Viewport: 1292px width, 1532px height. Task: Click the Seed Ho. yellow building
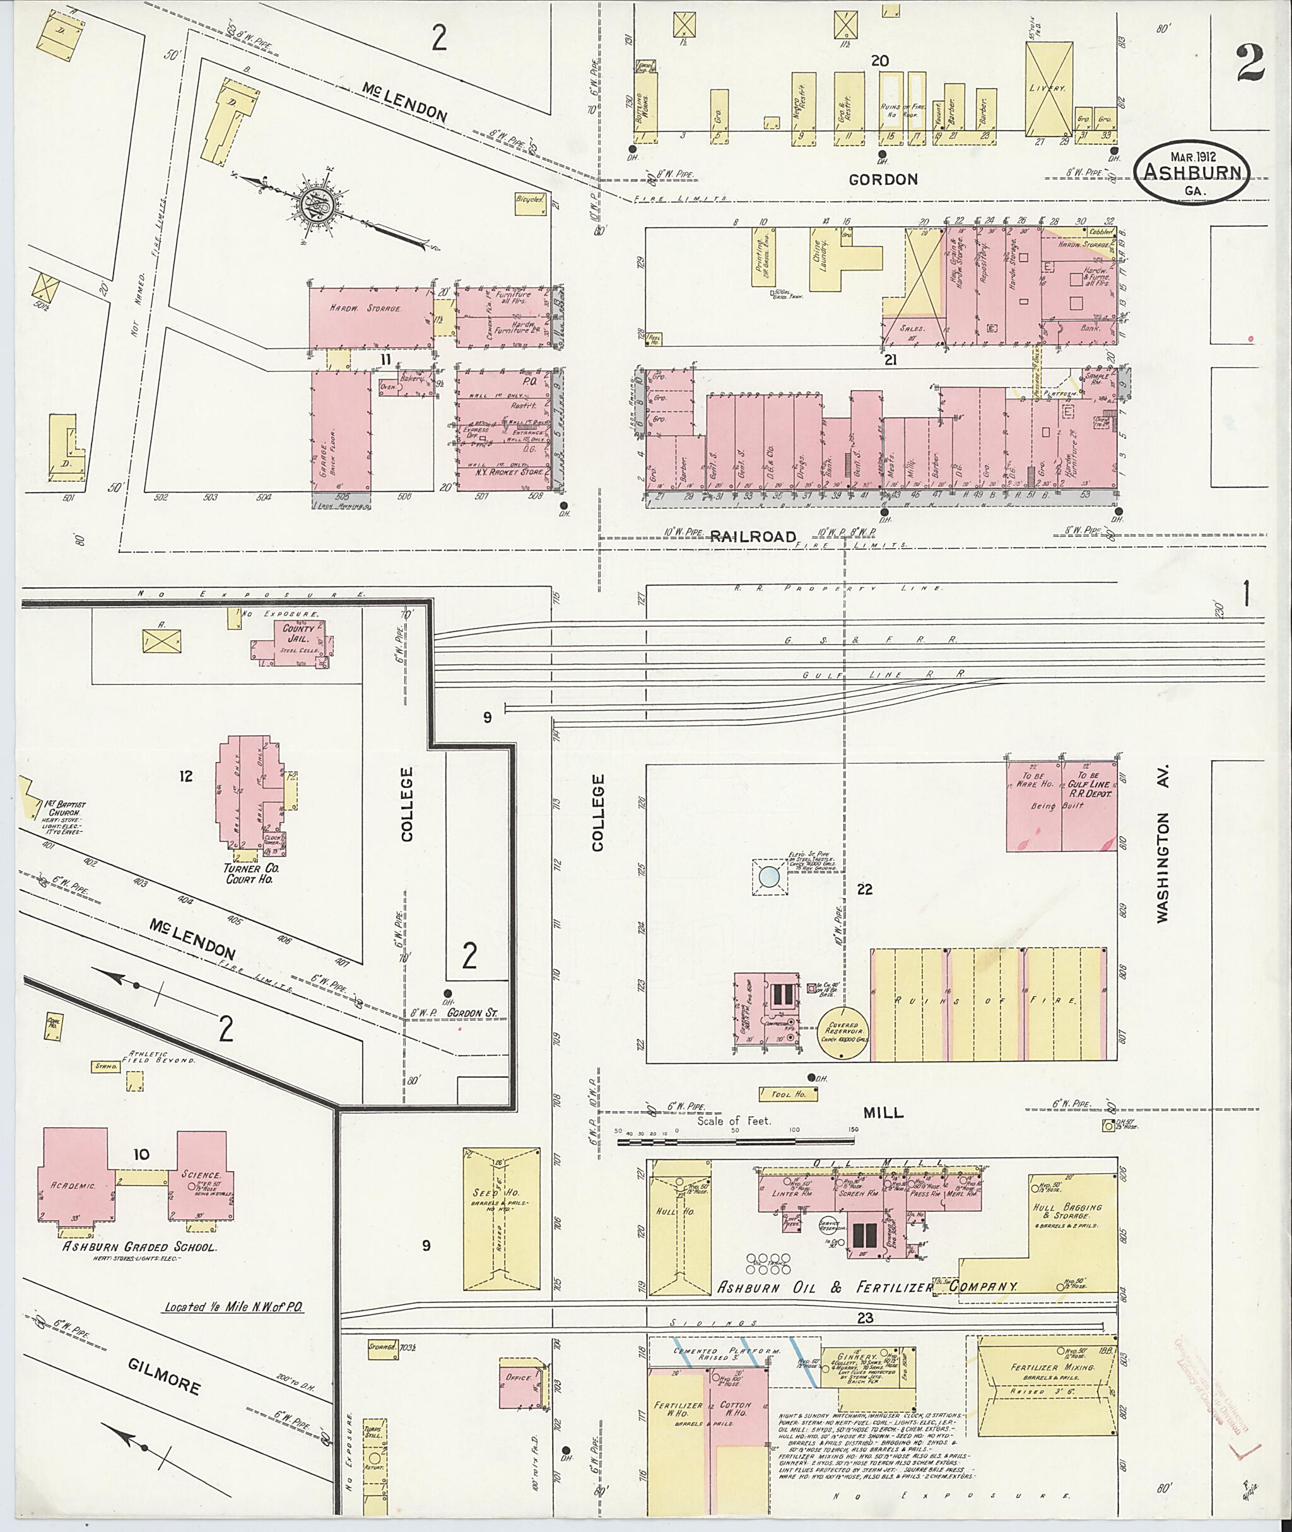(501, 1219)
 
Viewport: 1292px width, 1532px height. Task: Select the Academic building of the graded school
(73, 1176)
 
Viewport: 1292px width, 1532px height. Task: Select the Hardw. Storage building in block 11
(370, 317)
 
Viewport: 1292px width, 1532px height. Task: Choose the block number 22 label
(865, 889)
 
